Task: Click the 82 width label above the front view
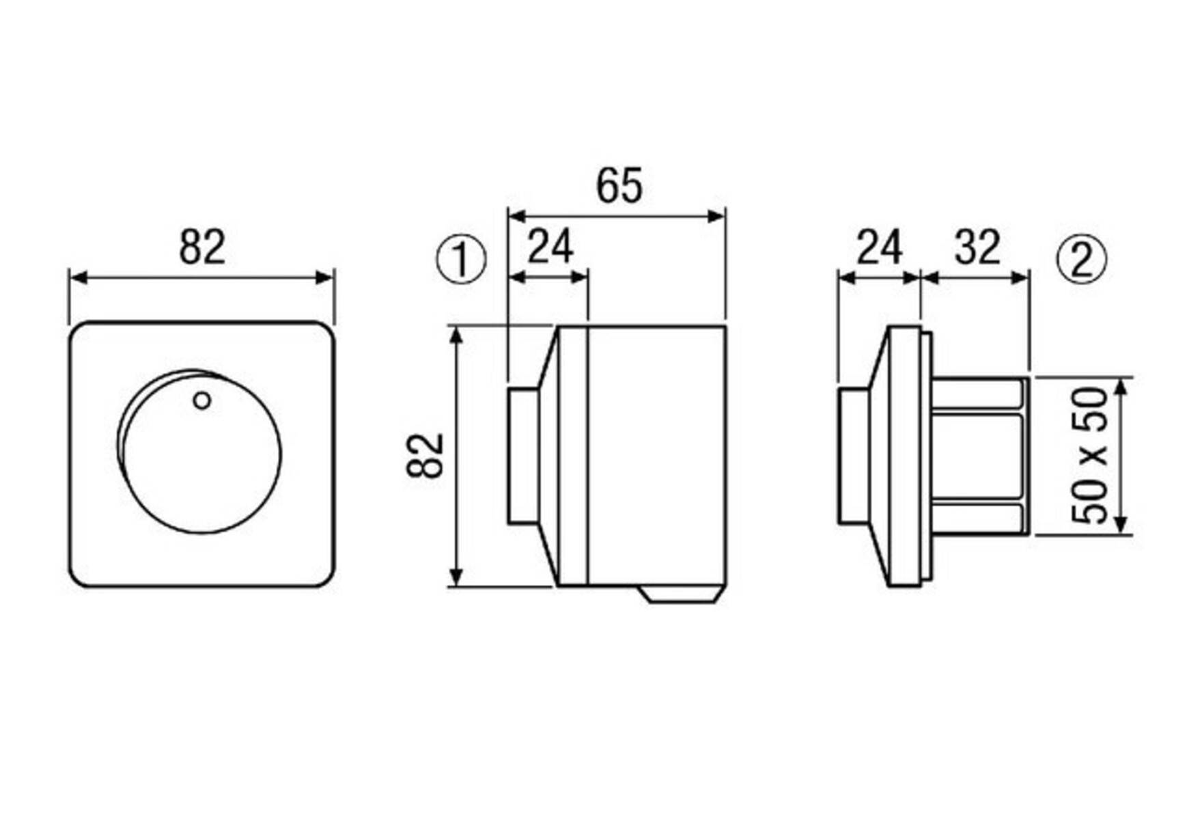(202, 247)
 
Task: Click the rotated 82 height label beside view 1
(425, 456)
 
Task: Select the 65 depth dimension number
(619, 186)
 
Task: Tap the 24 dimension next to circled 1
(550, 247)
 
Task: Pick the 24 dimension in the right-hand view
(880, 247)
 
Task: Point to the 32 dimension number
(978, 247)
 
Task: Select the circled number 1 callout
(462, 260)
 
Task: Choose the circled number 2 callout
(1082, 260)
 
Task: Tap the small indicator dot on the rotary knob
(201, 400)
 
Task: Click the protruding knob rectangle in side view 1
(523, 456)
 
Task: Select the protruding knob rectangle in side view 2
(854, 456)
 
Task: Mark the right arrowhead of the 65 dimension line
(717, 217)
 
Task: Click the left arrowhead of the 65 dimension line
(516, 217)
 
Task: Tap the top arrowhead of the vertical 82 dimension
(457, 335)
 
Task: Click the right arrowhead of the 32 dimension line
(1020, 277)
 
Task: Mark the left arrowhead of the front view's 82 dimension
(78, 277)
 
